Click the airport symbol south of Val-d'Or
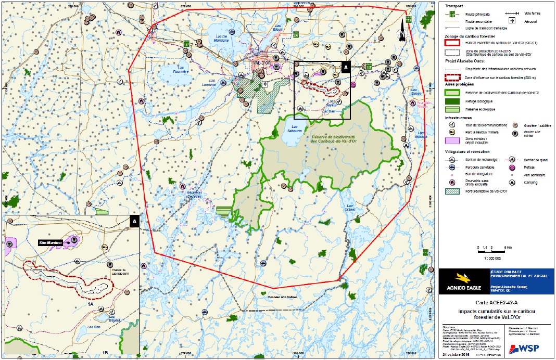pos(264,83)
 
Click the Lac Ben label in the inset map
pos(94,327)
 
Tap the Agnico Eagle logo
pos(460,280)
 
